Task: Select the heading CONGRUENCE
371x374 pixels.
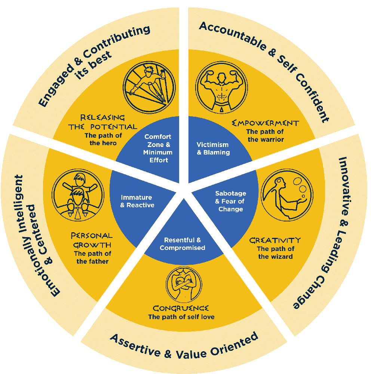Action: (x=181, y=309)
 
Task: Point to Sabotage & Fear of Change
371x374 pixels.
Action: (x=231, y=201)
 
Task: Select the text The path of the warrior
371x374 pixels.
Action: (x=266, y=136)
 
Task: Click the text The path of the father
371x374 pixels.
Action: (x=92, y=257)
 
